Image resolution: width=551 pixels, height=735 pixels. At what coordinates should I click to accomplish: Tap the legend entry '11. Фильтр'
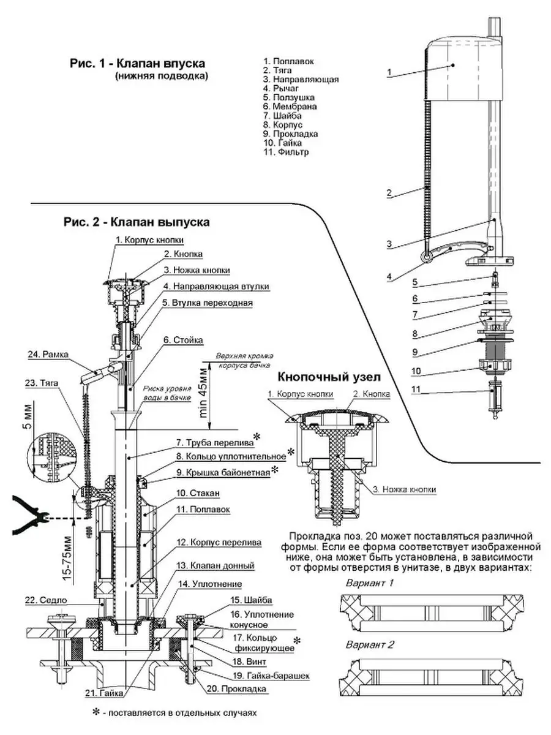(x=286, y=151)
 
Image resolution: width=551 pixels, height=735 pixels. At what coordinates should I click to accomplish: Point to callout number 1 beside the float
(x=389, y=72)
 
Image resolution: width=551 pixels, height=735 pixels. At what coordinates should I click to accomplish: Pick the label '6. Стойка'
(x=183, y=339)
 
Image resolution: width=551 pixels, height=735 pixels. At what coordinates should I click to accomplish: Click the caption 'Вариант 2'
(x=370, y=645)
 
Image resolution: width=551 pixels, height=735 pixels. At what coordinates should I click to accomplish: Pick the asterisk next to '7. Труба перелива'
(x=257, y=435)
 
